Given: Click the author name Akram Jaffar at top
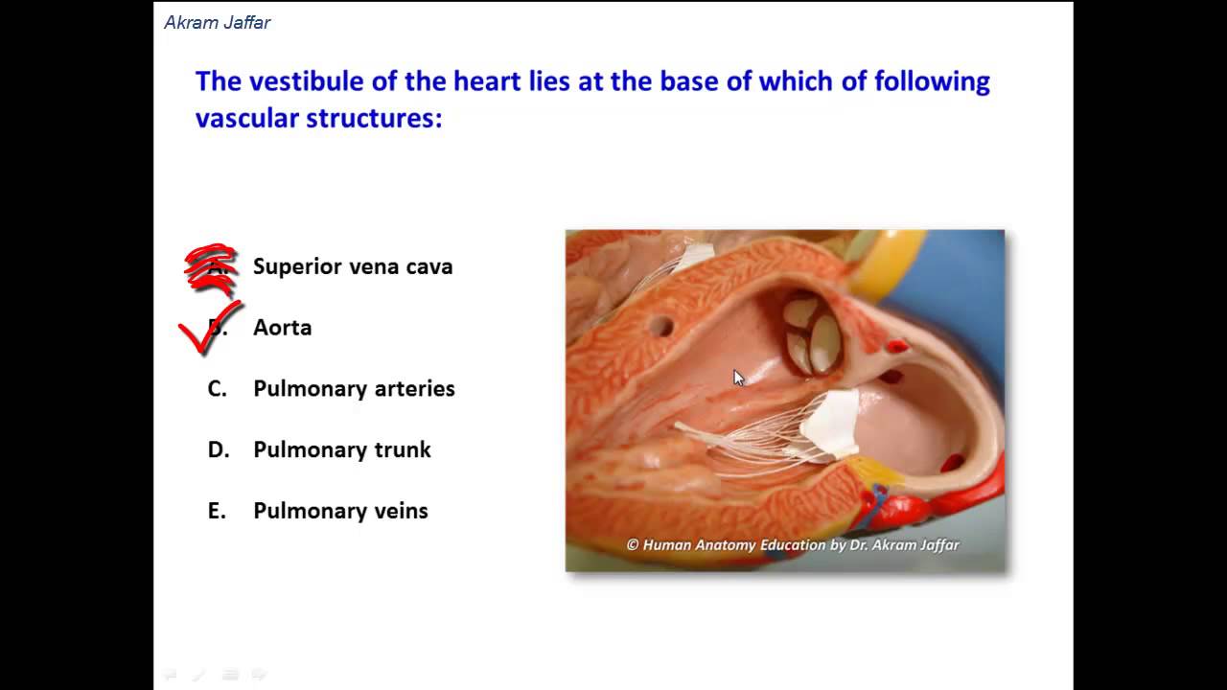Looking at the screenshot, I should [x=218, y=23].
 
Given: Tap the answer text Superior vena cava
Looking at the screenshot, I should [x=353, y=266].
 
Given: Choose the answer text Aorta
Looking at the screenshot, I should [x=282, y=328].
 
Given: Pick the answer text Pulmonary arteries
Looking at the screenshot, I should [x=354, y=389].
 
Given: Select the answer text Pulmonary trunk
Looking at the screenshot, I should [x=342, y=450].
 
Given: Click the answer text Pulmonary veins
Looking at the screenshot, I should [x=340, y=512].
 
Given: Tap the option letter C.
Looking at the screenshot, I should [x=217, y=389].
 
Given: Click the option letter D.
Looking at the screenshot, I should [x=218, y=450].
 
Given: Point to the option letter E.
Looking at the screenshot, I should [x=216, y=512].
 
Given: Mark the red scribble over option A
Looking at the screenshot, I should [x=211, y=268].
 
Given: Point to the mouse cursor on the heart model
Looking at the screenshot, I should [x=738, y=378].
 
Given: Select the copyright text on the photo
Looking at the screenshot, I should [x=792, y=545].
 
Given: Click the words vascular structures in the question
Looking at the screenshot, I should [x=318, y=119].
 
